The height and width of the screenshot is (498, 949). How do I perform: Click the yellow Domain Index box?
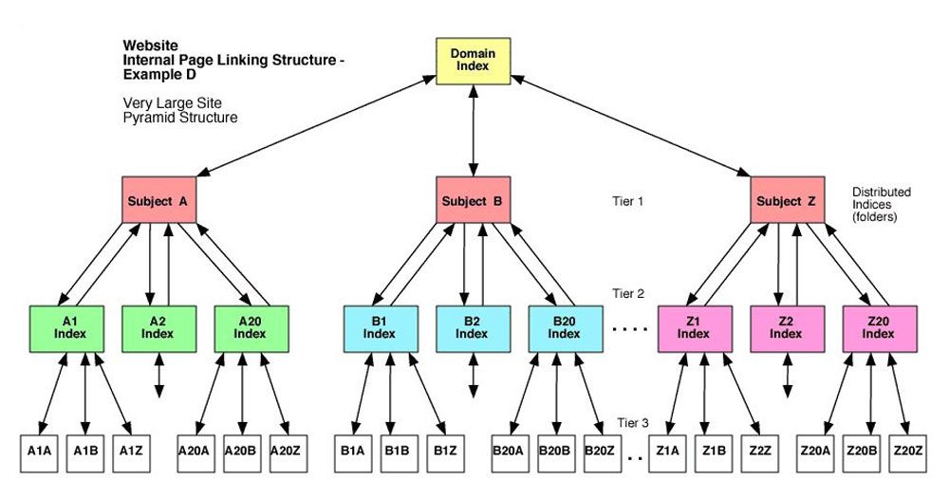(x=474, y=60)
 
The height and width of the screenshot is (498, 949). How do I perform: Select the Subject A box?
(x=158, y=201)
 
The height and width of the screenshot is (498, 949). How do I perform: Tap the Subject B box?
(x=472, y=201)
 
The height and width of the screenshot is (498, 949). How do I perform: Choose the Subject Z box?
(x=786, y=201)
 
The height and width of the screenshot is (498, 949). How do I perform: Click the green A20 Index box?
(x=250, y=327)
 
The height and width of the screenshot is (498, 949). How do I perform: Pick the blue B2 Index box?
(x=472, y=327)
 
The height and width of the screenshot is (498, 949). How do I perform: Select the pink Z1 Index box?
(x=693, y=327)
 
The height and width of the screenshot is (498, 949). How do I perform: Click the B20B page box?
(x=554, y=451)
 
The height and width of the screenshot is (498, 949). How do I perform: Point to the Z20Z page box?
(x=908, y=451)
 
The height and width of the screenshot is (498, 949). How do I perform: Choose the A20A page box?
(x=194, y=451)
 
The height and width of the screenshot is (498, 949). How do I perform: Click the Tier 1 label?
(x=628, y=201)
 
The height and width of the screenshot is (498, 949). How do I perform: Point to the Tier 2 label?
(x=628, y=295)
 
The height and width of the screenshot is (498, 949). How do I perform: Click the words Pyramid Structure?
(x=180, y=118)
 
